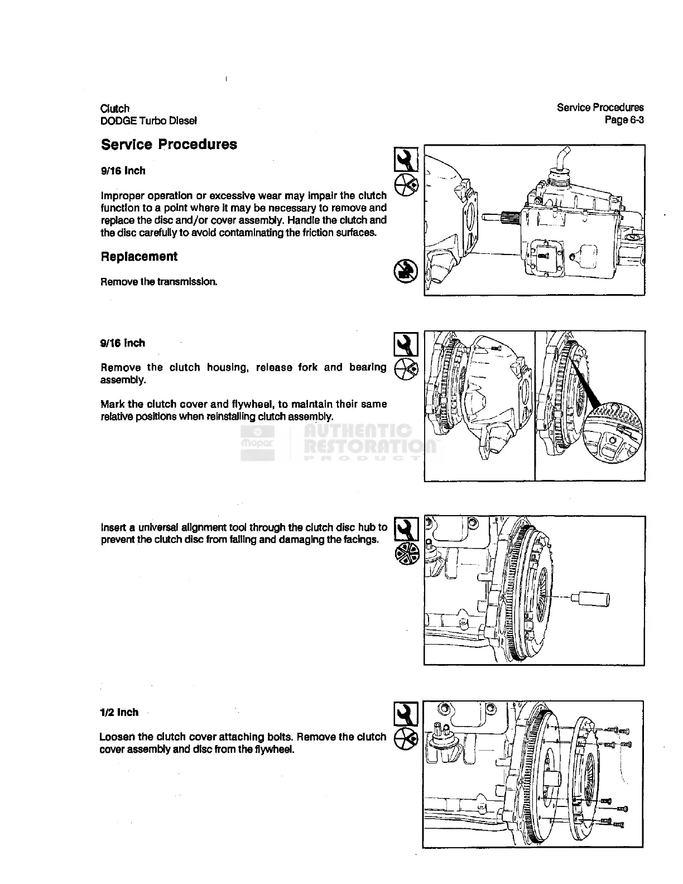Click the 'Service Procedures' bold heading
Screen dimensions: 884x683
click(169, 145)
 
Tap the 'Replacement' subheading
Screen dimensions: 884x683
click(139, 257)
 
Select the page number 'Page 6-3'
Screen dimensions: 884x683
click(624, 119)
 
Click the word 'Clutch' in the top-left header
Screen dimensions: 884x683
click(114, 108)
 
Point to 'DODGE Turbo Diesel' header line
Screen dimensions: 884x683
click(148, 121)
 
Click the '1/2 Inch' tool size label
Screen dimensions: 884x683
click(119, 712)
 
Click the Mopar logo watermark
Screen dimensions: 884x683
click(257, 443)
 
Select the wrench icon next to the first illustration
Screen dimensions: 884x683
click(406, 160)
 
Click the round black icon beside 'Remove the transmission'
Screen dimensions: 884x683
click(403, 271)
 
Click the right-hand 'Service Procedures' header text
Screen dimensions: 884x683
click(600, 107)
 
